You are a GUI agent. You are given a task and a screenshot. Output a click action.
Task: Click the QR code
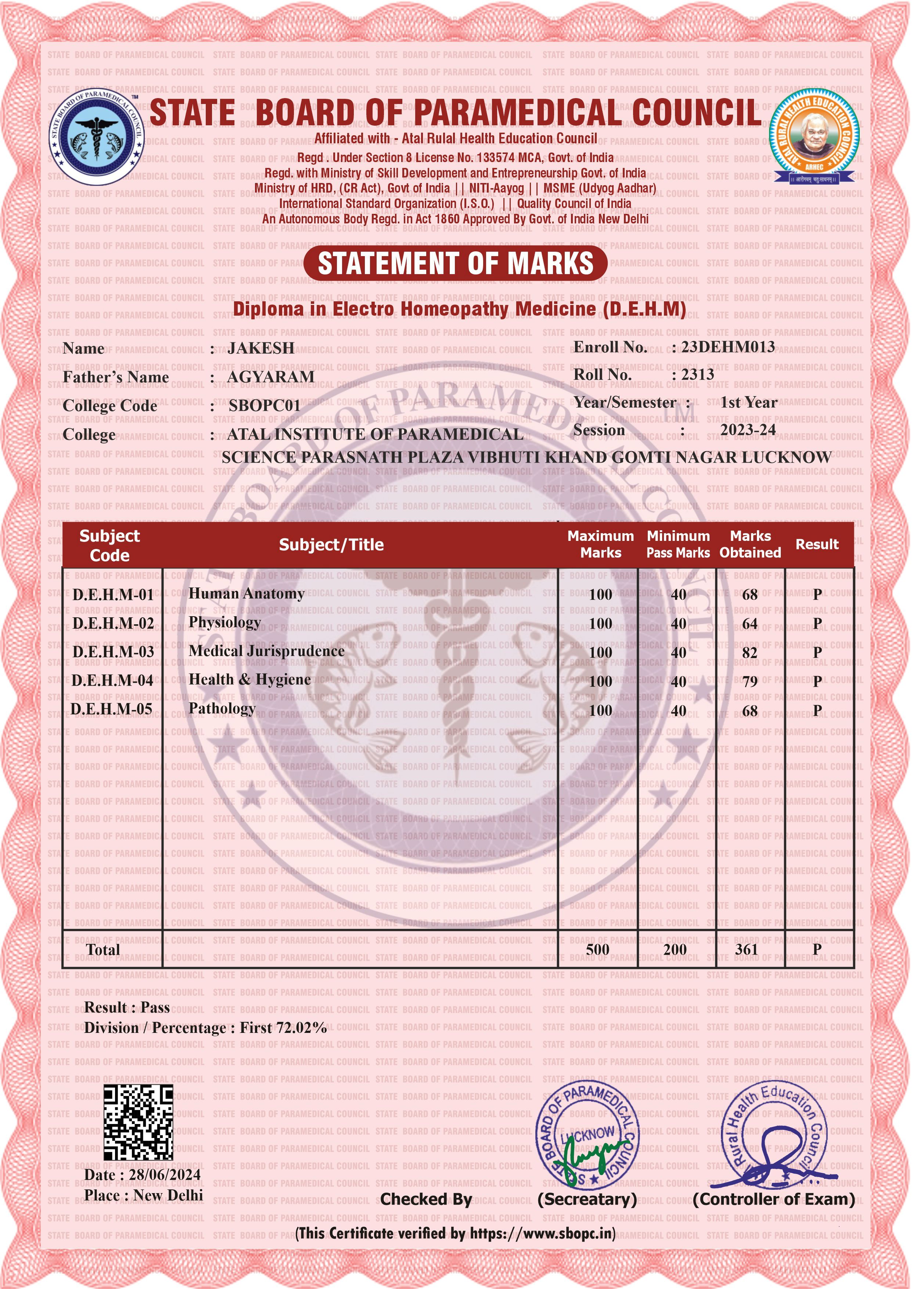pyautogui.click(x=138, y=1122)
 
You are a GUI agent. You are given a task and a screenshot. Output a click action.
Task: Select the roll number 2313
pyautogui.click(x=698, y=374)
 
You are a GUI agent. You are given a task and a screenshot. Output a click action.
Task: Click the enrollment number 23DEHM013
pyautogui.click(x=728, y=347)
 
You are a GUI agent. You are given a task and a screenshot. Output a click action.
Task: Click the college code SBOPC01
pyautogui.click(x=265, y=406)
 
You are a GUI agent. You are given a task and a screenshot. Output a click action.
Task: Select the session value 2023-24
pyautogui.click(x=748, y=430)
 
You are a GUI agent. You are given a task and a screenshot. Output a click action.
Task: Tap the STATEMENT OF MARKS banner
pyautogui.click(x=456, y=263)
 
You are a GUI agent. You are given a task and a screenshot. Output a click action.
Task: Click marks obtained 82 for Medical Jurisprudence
pyautogui.click(x=750, y=653)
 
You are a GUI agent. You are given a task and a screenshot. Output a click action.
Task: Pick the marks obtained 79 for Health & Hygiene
pyautogui.click(x=750, y=682)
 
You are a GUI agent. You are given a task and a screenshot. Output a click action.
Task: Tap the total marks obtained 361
pyautogui.click(x=746, y=949)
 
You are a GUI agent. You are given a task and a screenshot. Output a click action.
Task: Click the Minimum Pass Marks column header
pyautogui.click(x=678, y=544)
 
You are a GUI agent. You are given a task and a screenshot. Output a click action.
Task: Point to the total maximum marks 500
pyautogui.click(x=597, y=949)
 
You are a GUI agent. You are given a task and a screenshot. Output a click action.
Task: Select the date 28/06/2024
pyautogui.click(x=165, y=1174)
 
